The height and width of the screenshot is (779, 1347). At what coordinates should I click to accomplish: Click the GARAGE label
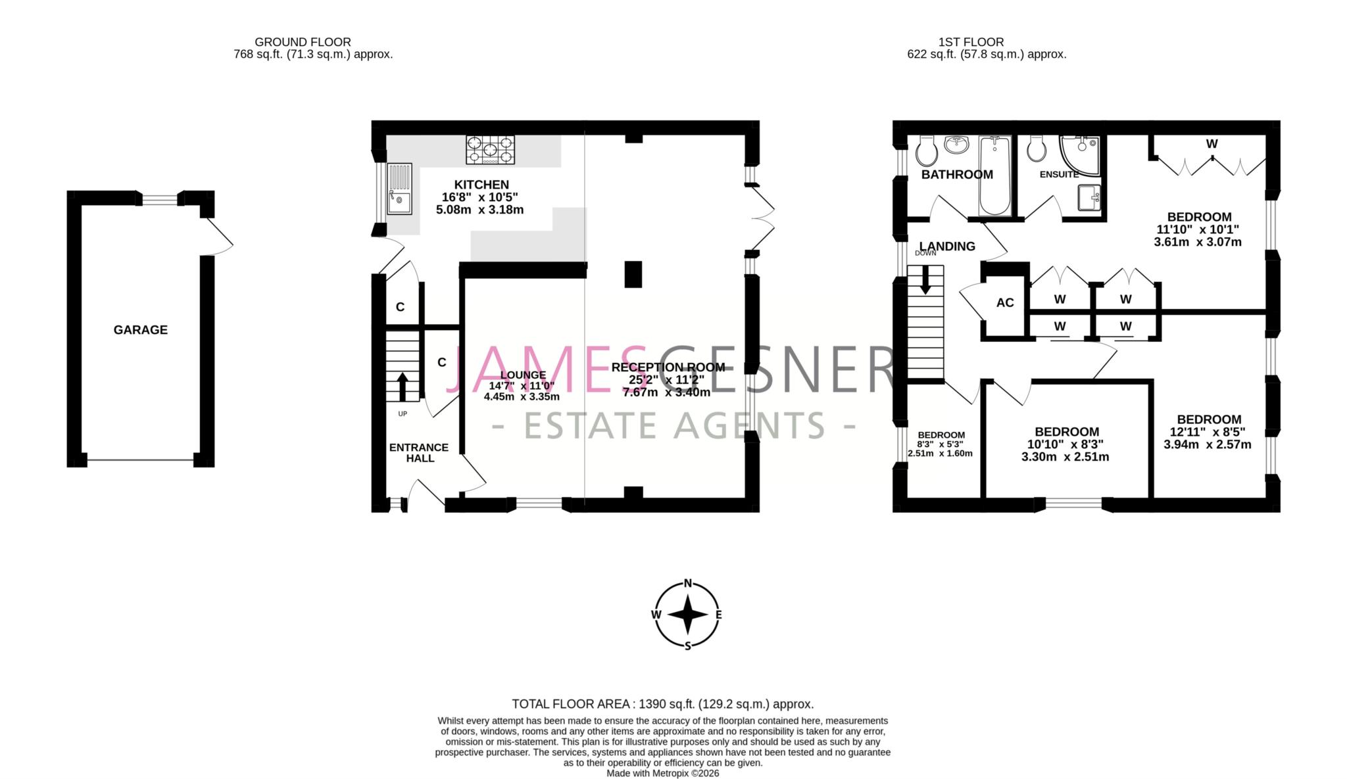[140, 330]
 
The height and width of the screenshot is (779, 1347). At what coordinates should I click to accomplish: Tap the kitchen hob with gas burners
[490, 150]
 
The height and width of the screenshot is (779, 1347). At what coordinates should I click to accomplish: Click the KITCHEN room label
[481, 185]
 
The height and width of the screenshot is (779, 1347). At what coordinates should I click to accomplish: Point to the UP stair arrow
[401, 387]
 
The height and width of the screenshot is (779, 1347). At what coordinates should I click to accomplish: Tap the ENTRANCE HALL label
[419, 452]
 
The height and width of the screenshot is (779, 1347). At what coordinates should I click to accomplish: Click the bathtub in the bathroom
[994, 176]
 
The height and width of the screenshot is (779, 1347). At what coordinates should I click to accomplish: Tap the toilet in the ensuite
[1037, 149]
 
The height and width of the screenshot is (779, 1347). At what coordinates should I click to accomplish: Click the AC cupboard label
[1005, 303]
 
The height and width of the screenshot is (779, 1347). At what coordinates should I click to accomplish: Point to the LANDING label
[947, 247]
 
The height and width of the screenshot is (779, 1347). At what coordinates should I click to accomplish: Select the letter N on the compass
[688, 583]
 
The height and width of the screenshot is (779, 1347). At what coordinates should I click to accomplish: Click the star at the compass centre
[688, 615]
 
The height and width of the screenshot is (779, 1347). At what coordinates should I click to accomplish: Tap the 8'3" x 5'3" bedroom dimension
[941, 444]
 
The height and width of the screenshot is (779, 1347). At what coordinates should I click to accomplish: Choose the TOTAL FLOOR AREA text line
[663, 704]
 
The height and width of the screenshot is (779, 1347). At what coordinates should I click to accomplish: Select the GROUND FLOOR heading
[303, 42]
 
